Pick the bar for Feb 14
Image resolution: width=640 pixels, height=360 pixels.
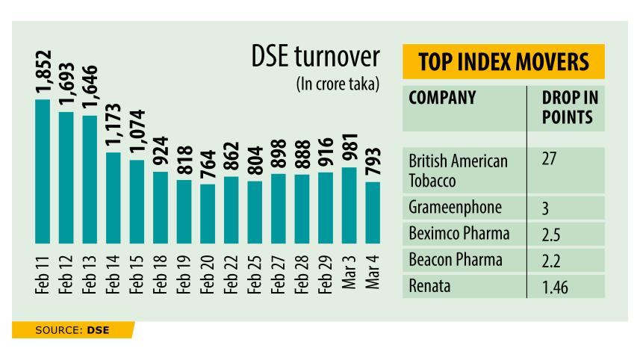(x=114, y=192)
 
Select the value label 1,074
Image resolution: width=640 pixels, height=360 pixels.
(x=137, y=134)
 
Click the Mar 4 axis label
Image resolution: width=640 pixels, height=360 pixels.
(x=373, y=273)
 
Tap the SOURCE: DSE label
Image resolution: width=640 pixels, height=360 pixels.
(x=71, y=329)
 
